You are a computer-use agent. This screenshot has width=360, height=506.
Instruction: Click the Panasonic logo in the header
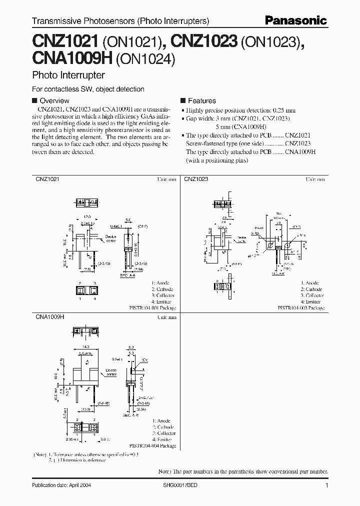pos(296,20)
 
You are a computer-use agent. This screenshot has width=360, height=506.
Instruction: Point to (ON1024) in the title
pos(145,60)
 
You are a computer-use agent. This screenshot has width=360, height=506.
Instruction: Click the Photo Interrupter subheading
pos(68,75)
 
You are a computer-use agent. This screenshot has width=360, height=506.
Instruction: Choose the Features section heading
pos(201,100)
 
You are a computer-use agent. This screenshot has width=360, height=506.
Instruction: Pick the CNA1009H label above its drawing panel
pos(49,316)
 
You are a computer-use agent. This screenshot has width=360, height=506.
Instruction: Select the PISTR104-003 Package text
pos(301,308)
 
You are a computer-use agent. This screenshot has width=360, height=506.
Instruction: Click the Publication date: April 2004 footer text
pos(61,485)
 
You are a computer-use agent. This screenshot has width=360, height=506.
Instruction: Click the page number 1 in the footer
pos(326,485)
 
